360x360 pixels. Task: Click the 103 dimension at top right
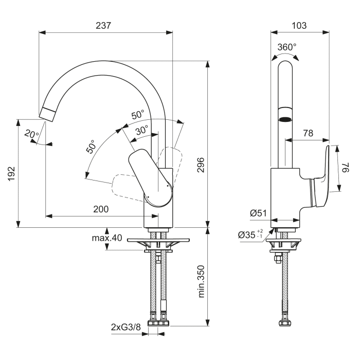click(x=299, y=25)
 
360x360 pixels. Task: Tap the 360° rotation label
click(x=286, y=47)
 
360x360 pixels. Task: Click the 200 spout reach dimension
click(x=101, y=209)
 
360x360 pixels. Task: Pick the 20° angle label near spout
click(x=31, y=135)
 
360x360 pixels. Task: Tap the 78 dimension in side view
click(x=308, y=133)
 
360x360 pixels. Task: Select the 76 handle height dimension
click(x=346, y=169)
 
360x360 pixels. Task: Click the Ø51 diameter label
click(x=257, y=212)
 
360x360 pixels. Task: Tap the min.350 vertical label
click(x=201, y=281)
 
